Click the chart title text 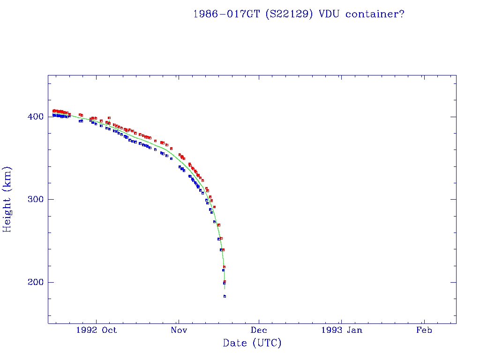pyautogui.click(x=299, y=14)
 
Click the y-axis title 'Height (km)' pyautogui.click(x=7, y=199)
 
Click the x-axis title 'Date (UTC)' pyautogui.click(x=252, y=343)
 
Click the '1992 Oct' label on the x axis pyautogui.click(x=97, y=330)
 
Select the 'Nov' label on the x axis pyautogui.click(x=179, y=330)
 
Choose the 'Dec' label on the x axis pyautogui.click(x=259, y=330)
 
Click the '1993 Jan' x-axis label pyautogui.click(x=341, y=330)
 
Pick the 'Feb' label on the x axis pyautogui.click(x=424, y=330)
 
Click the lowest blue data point pyautogui.click(x=225, y=296)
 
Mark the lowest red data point pyautogui.click(x=225, y=282)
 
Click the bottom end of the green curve pyautogui.click(x=225, y=289)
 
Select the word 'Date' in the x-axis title pyautogui.click(x=234, y=343)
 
